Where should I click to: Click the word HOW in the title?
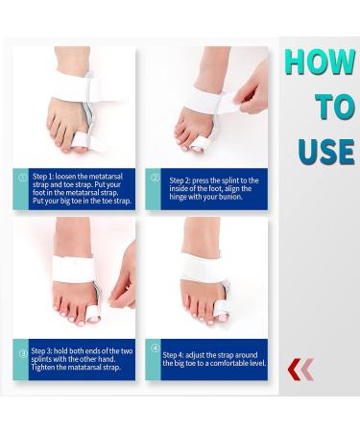click(320, 62)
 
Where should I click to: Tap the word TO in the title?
click(335, 107)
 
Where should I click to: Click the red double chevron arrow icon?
click(300, 369)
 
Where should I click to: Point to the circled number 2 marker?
click(155, 179)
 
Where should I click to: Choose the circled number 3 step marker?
click(23, 351)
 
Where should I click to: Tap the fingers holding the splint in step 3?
click(124, 287)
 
